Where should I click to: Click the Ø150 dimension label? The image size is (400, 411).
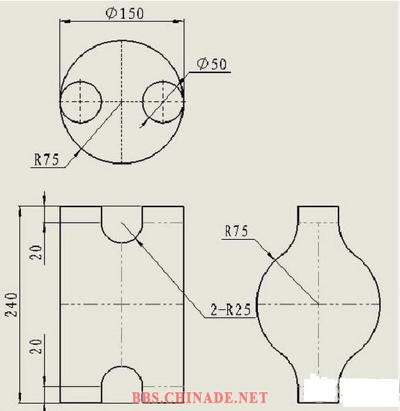click(125, 13)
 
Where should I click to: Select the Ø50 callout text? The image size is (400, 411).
click(212, 64)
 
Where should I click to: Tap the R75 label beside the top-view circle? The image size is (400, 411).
click(47, 159)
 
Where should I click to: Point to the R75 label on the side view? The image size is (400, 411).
click(236, 231)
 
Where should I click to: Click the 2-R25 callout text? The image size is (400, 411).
click(231, 309)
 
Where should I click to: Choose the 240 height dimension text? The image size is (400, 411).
click(12, 305)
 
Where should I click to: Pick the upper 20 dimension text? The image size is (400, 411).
click(36, 252)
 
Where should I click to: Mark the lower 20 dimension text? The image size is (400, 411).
click(36, 346)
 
